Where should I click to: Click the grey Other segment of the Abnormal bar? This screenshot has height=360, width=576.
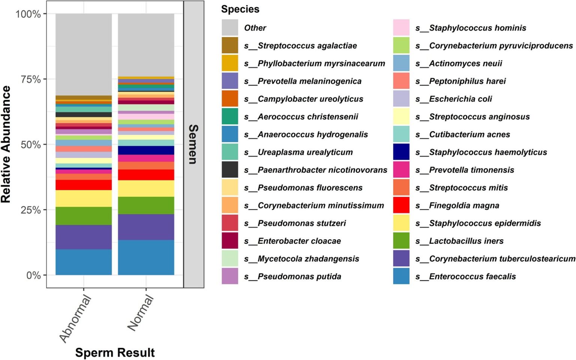[83, 54]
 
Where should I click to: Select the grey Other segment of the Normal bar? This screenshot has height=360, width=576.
[146, 45]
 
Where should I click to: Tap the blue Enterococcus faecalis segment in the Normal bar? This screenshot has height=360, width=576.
[146, 257]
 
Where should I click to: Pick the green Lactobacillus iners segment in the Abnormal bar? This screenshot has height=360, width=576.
[83, 216]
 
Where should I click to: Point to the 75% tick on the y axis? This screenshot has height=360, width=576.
[44, 79]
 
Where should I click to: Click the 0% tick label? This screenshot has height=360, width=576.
[33, 275]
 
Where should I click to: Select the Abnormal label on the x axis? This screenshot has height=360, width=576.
[75, 319]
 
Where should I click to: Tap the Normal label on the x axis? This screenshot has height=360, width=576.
[141, 313]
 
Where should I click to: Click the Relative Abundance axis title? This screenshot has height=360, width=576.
[6, 144]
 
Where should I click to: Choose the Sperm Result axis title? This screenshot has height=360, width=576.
[115, 352]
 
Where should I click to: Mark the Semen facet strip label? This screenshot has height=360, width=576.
[193, 144]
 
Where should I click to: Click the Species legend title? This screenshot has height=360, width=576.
[240, 9]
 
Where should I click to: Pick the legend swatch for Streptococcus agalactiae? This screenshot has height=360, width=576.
[229, 45]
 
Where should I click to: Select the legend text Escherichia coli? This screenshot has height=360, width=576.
[460, 99]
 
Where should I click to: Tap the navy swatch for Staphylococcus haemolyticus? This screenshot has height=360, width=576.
[401, 152]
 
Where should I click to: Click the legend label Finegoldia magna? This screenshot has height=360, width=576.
[464, 205]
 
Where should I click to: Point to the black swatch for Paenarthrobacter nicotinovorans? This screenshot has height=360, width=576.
[229, 169]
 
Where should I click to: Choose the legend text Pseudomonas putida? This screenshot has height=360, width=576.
[299, 276]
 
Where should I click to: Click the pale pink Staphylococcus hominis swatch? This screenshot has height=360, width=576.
[401, 28]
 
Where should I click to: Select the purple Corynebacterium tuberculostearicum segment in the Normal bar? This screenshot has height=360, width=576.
[146, 227]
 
